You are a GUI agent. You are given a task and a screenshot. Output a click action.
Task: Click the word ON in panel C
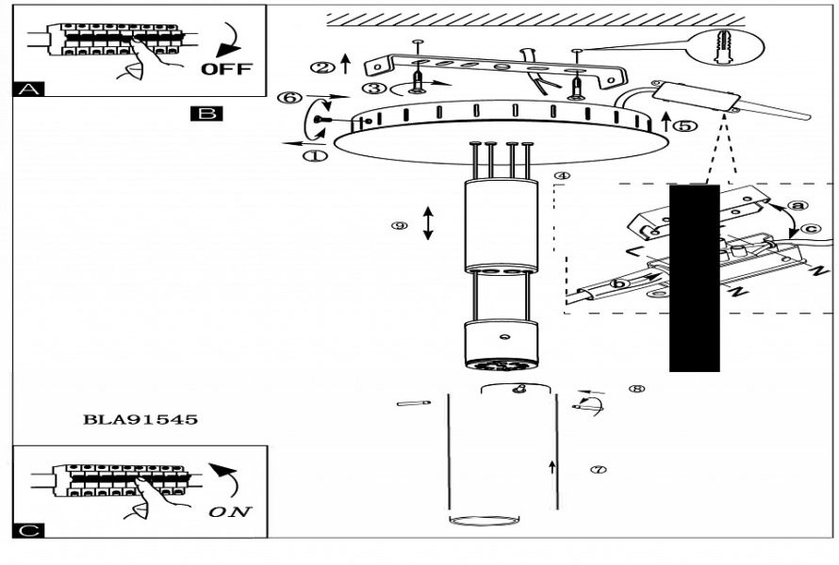(x=231, y=512)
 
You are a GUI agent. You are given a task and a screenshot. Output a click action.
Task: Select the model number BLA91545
(x=141, y=420)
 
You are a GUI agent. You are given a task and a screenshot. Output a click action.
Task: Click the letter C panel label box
(x=26, y=530)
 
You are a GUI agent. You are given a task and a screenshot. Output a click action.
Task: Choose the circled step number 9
(x=400, y=226)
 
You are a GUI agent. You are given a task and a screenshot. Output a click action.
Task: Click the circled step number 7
(x=597, y=468)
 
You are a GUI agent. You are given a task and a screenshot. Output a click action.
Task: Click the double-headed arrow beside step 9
(x=427, y=222)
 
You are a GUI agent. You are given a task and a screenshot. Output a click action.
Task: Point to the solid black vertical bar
(x=695, y=278)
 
